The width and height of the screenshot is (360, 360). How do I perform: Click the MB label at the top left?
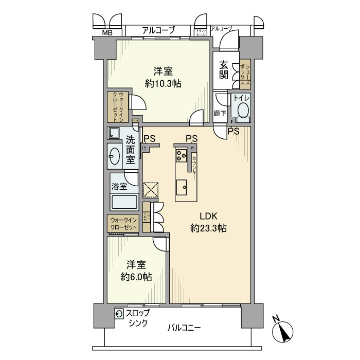point(106,33)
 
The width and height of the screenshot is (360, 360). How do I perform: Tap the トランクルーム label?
point(201,33)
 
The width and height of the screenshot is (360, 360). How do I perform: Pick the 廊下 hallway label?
point(220,113)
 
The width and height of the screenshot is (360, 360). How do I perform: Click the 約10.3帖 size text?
point(163,84)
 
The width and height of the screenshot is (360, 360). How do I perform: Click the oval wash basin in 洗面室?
point(115,155)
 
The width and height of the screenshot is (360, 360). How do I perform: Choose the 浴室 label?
point(119,186)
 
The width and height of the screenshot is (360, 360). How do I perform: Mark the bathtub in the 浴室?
point(123,202)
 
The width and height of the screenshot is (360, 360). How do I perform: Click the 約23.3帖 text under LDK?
point(208,228)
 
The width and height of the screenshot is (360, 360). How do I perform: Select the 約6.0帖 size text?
point(136,277)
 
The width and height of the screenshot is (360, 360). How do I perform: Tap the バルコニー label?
point(184,328)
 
